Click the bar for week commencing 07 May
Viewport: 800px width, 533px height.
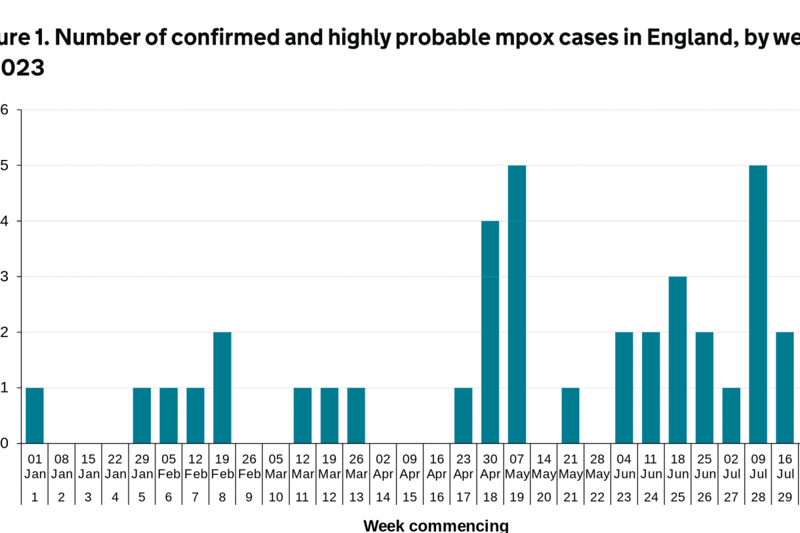click(x=517, y=304)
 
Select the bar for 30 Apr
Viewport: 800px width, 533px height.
click(x=490, y=332)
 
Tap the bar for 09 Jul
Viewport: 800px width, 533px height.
click(x=758, y=304)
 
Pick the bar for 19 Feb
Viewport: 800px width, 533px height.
click(x=222, y=387)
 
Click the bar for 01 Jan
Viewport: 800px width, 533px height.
click(x=35, y=415)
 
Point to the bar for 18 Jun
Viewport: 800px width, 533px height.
click(x=677, y=360)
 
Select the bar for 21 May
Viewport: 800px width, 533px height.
click(x=570, y=415)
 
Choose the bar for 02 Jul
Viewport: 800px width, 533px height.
click(x=731, y=415)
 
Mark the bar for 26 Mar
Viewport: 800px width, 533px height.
click(x=356, y=415)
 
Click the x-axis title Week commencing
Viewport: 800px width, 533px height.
click(x=436, y=526)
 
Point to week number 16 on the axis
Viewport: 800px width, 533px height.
click(x=437, y=497)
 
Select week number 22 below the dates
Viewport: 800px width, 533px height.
click(x=597, y=497)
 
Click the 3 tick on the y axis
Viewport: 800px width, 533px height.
click(x=5, y=276)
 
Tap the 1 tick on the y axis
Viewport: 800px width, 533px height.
click(x=5, y=388)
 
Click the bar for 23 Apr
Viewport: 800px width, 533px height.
click(x=463, y=415)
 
